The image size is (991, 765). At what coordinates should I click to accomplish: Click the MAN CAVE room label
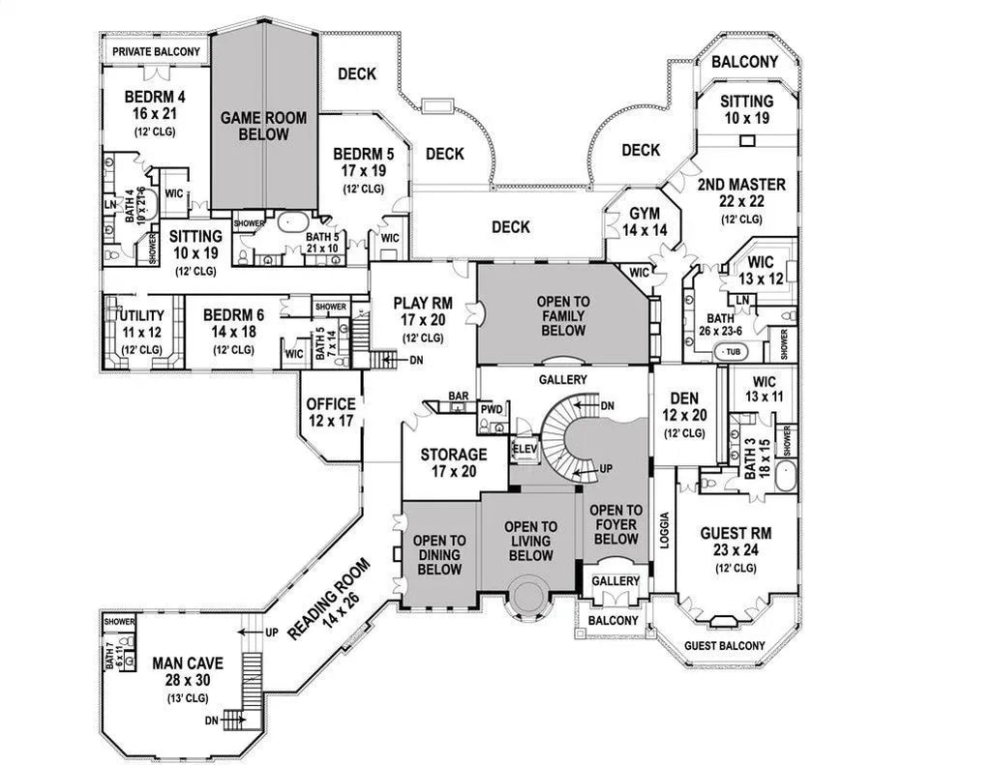[188, 663]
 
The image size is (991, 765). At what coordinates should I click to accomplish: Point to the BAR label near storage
[458, 396]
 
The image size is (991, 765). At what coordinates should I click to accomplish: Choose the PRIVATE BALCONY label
[156, 52]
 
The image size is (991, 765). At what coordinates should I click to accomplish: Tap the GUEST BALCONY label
[724, 646]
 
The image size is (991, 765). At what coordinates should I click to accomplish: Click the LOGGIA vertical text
[664, 531]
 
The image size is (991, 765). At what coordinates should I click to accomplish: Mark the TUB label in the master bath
[733, 352]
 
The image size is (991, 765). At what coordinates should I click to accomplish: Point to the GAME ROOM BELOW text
[263, 126]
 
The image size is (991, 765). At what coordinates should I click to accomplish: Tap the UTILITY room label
[141, 316]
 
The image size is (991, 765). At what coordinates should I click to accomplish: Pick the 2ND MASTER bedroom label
[742, 185]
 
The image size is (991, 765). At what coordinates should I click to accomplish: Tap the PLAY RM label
[423, 304]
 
